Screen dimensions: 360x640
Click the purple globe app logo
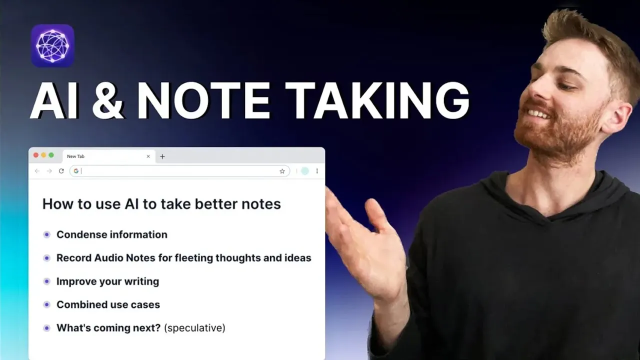52,45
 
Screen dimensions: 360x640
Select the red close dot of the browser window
36,155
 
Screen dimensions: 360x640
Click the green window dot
51,155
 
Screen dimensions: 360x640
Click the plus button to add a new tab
162,156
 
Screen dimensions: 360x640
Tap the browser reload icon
61,171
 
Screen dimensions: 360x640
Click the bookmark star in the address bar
282,171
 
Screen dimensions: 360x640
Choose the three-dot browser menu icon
317,171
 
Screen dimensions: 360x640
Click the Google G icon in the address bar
76,171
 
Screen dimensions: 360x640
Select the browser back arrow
37,171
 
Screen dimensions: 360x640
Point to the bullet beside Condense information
47,234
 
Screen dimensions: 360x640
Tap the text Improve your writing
107,281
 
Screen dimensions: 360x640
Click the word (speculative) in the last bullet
194,328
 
